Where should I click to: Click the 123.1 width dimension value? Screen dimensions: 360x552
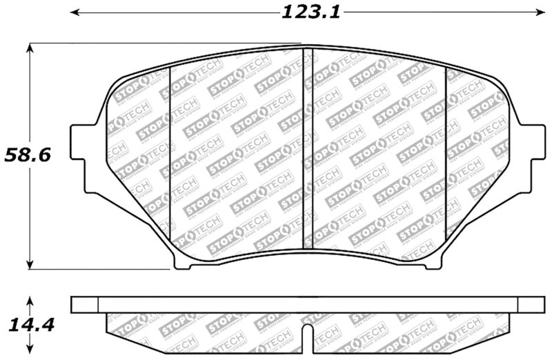click(311, 12)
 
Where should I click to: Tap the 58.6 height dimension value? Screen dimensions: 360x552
click(28, 154)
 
